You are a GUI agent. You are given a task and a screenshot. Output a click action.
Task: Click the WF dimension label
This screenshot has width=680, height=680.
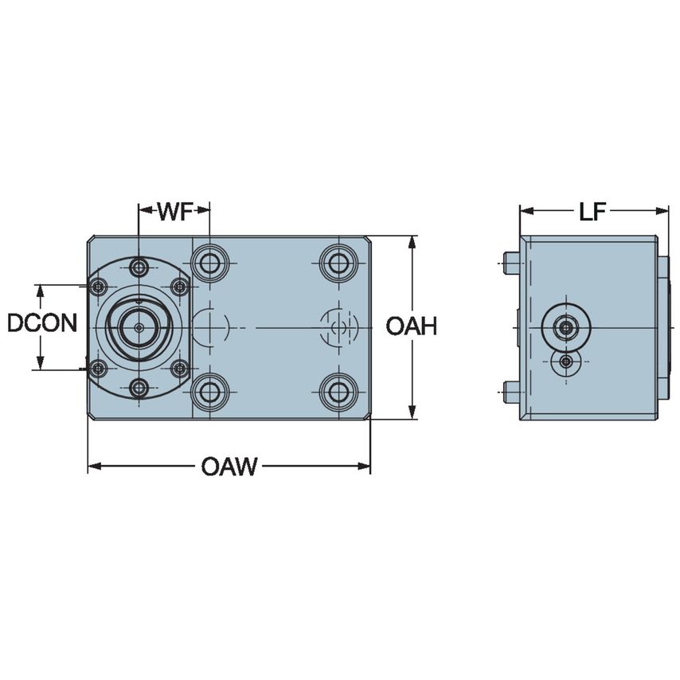(x=174, y=211)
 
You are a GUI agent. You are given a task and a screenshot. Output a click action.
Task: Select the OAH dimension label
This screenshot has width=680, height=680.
(x=412, y=326)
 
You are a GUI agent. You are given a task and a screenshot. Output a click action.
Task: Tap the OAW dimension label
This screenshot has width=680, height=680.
(x=229, y=467)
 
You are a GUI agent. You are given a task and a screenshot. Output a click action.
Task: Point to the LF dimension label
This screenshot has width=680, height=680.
(x=594, y=211)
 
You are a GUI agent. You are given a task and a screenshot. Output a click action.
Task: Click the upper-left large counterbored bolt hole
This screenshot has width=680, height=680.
(x=210, y=262)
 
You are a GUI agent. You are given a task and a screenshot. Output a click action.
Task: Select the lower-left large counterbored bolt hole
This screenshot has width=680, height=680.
(x=210, y=391)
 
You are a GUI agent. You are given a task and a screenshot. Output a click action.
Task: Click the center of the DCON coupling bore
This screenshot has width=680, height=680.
(x=139, y=326)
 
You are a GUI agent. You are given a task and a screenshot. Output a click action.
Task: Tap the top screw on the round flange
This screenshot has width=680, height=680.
(x=139, y=266)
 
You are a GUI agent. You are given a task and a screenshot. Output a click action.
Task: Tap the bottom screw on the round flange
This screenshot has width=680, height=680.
(x=139, y=388)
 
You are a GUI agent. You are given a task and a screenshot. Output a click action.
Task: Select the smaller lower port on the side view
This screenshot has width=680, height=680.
(x=565, y=363)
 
